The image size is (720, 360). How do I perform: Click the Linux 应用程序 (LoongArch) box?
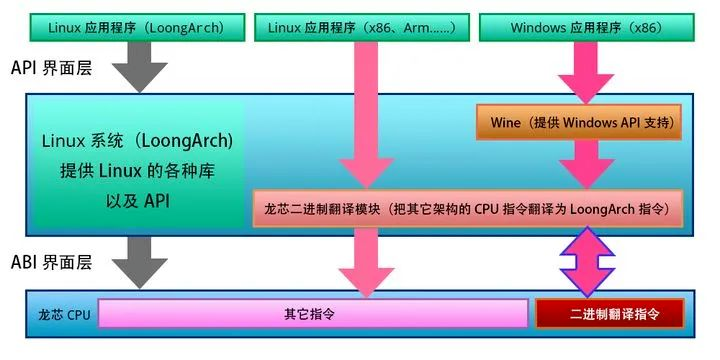pyautogui.click(x=130, y=28)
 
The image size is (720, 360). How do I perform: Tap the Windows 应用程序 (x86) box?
pyautogui.click(x=585, y=28)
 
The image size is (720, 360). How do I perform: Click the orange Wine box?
pyautogui.click(x=579, y=122)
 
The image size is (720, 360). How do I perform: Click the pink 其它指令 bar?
pyautogui.click(x=312, y=313)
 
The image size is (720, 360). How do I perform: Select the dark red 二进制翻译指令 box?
pyautogui.click(x=609, y=313)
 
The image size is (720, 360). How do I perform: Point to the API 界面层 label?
pyautogui.click(x=50, y=69)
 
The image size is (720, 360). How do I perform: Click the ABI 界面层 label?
pyautogui.click(x=50, y=263)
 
